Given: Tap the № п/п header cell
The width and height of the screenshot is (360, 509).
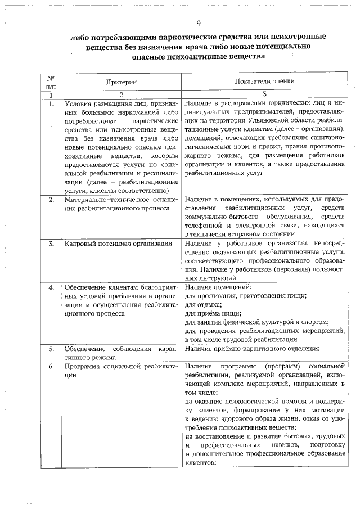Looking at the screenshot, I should [x=51, y=82].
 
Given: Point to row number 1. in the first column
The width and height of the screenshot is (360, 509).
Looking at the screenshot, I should [x=51, y=104].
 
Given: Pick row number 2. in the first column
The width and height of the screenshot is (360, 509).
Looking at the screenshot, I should [x=51, y=199].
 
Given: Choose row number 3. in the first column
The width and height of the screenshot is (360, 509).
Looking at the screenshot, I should [x=51, y=243].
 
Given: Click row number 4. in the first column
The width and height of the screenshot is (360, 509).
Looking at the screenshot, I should [x=51, y=287].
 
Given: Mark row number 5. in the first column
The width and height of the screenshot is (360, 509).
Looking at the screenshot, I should [x=51, y=349].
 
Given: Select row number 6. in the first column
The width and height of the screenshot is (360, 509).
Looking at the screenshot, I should [x=51, y=366].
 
